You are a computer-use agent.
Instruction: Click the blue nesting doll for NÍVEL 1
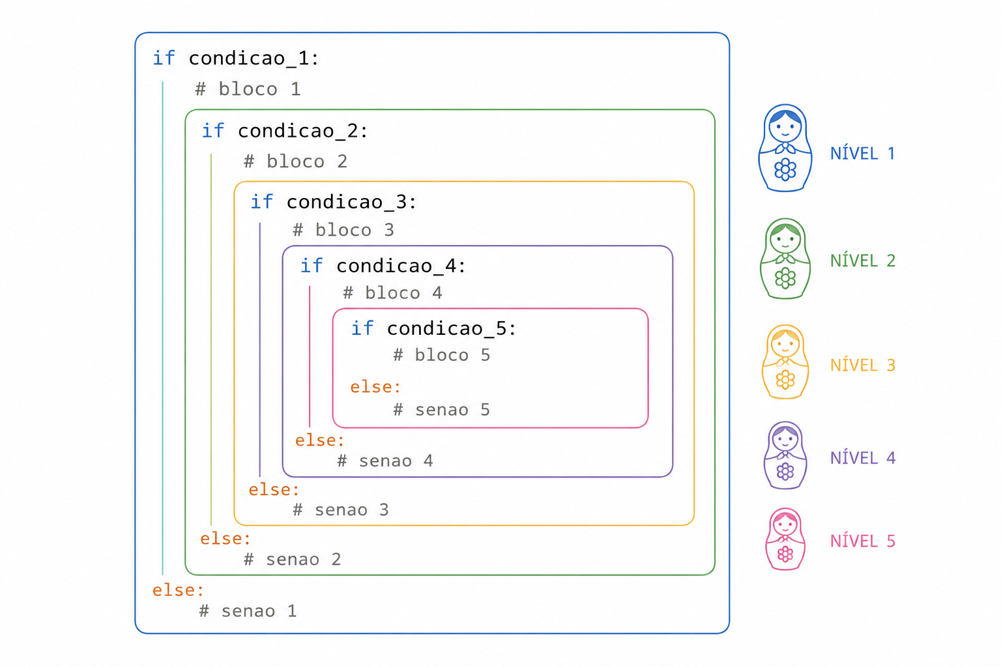tap(785, 148)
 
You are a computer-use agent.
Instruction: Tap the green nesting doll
tap(785, 258)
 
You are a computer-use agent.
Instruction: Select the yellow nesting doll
tap(785, 362)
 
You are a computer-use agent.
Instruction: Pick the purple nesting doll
tap(785, 455)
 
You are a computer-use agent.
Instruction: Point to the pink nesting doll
tap(785, 539)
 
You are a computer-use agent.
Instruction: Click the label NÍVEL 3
tap(863, 365)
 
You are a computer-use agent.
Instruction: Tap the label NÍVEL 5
tap(863, 541)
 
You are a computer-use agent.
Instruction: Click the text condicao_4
tap(396, 266)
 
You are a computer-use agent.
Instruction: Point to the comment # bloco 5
tap(441, 355)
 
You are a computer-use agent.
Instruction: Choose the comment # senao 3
tap(341, 510)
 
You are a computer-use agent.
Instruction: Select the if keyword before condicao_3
tap(261, 202)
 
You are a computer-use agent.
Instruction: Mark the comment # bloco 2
tap(295, 162)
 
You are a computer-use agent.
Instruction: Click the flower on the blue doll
tap(785, 170)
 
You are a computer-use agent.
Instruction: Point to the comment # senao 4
tap(385, 461)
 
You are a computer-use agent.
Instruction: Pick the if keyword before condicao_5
tap(362, 328)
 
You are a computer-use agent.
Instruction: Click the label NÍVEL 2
tap(863, 261)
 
